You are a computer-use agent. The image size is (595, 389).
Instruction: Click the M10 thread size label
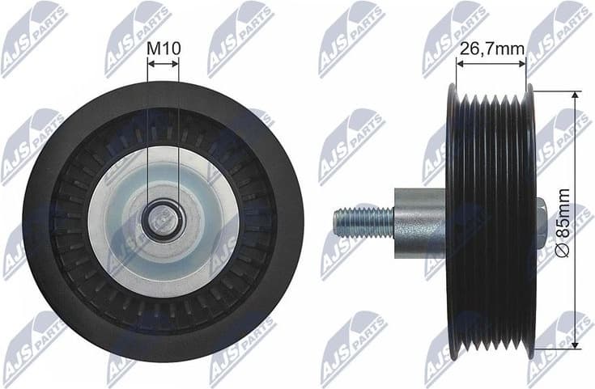click(163, 48)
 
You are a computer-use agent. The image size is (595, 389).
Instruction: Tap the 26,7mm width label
click(491, 49)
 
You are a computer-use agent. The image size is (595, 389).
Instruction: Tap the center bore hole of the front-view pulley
click(163, 218)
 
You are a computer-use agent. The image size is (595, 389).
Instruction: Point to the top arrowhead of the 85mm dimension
click(575, 95)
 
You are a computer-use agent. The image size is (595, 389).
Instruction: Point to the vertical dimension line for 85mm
click(575, 162)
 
